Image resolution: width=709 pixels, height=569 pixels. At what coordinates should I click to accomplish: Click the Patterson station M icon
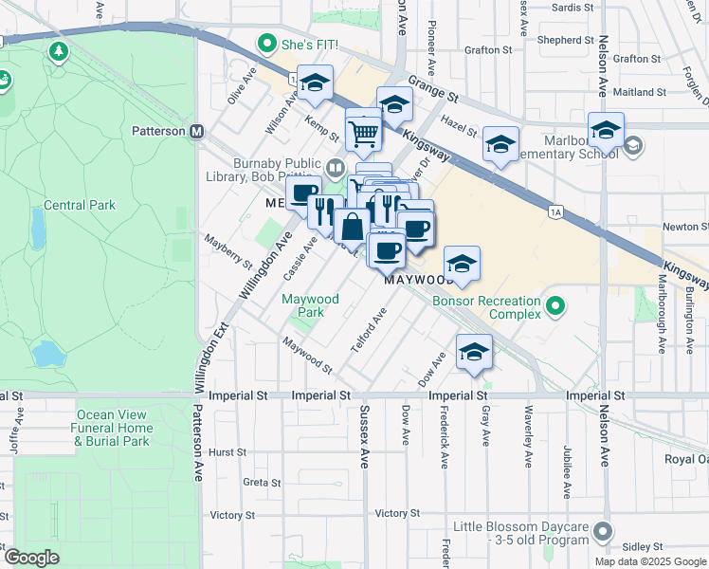[x=197, y=131]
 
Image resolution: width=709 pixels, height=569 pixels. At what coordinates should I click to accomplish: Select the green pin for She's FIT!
[x=268, y=45]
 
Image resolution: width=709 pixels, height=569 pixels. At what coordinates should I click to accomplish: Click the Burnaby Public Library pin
[x=335, y=168]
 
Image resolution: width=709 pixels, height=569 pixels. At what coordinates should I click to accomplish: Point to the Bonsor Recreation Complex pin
[x=556, y=305]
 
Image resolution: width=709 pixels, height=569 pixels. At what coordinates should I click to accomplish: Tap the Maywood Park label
[x=310, y=305]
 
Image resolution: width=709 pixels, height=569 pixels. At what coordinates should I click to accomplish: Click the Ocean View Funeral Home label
[x=112, y=428]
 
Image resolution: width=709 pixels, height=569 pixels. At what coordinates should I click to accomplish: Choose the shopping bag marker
[x=352, y=228]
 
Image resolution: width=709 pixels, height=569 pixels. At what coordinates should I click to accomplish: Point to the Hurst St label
[x=227, y=452]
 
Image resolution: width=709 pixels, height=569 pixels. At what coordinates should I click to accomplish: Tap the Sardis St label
[x=571, y=8]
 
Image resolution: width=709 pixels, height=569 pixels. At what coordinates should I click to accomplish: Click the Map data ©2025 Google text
[x=651, y=560]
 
